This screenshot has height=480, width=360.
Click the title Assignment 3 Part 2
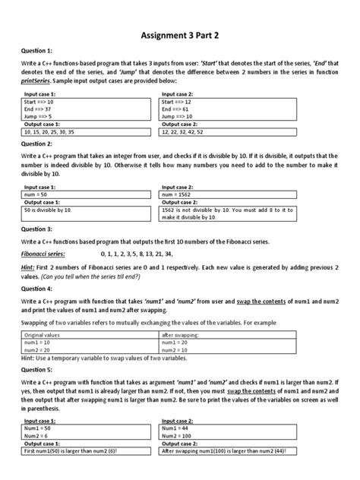pyautogui.click(x=179, y=35)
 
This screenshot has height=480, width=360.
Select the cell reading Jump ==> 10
pyautogui.click(x=182, y=115)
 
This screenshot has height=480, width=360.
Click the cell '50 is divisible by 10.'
pyautogui.click(x=52, y=209)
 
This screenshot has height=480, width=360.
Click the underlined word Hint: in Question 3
pyautogui.click(x=30, y=269)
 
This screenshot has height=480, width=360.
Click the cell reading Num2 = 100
pyautogui.click(x=183, y=437)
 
